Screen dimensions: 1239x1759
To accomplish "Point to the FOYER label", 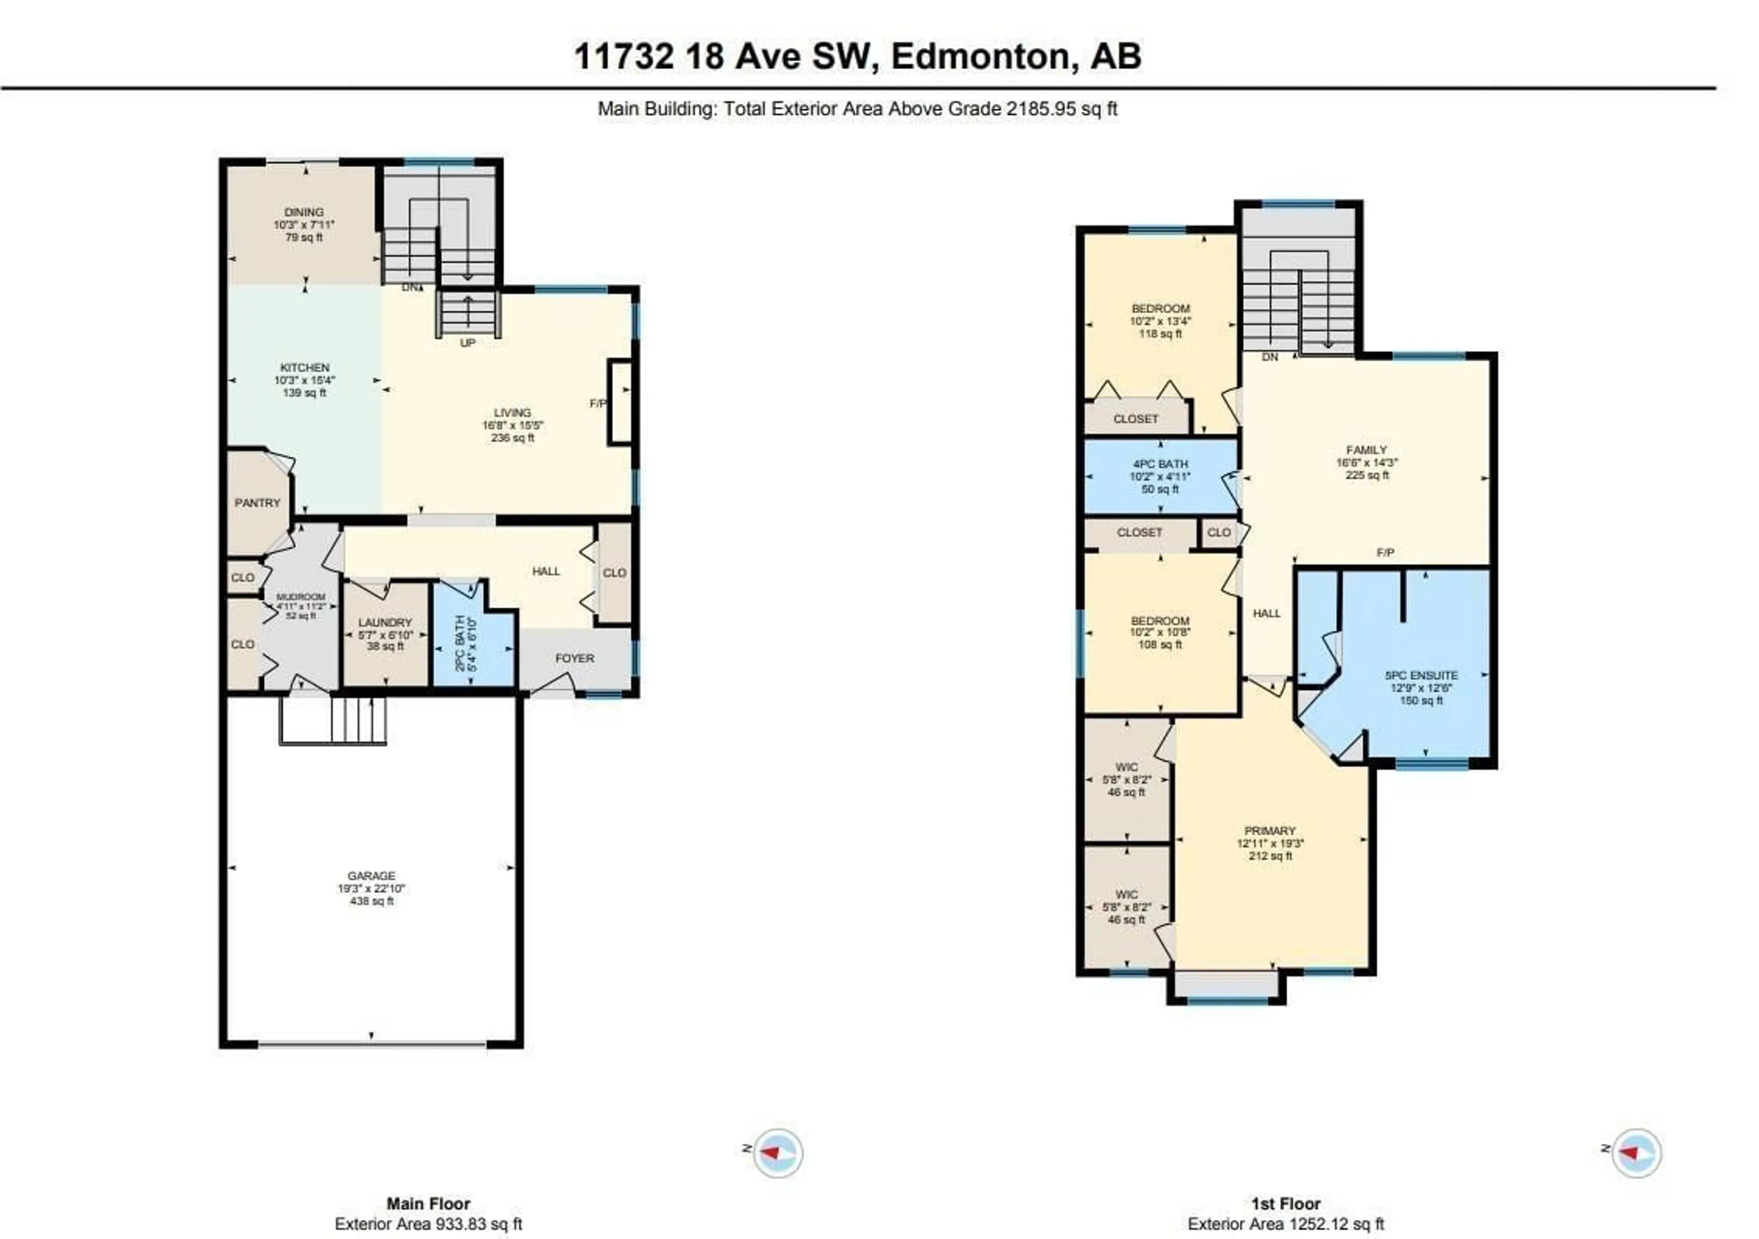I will pos(574,658).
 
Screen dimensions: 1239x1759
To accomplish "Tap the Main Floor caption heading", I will pos(428,1204).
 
